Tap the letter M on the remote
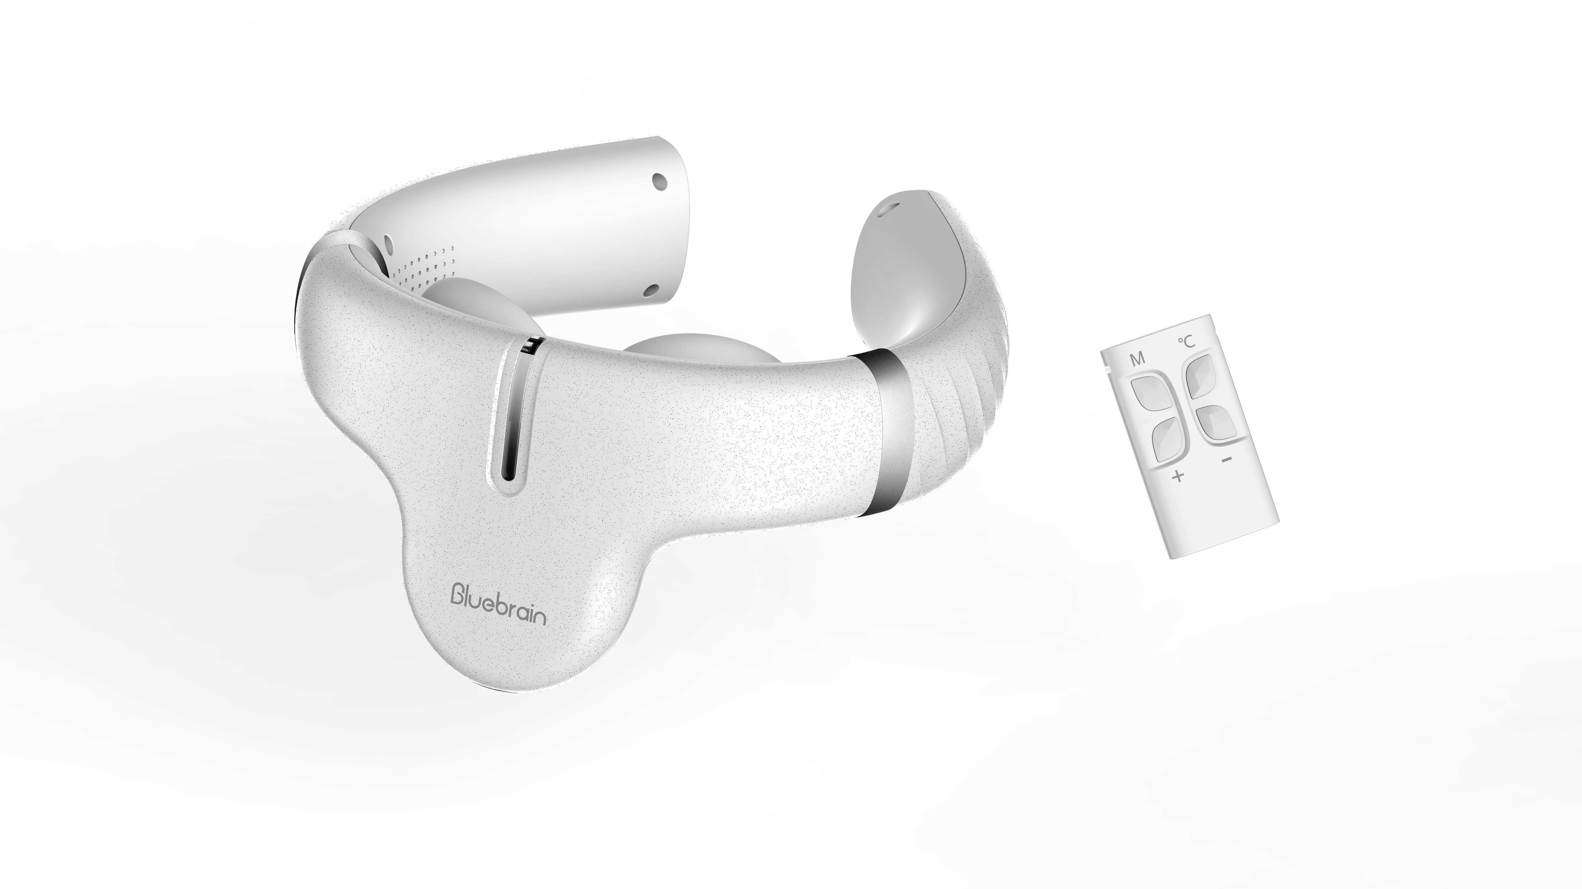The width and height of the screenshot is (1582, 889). [1137, 359]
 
